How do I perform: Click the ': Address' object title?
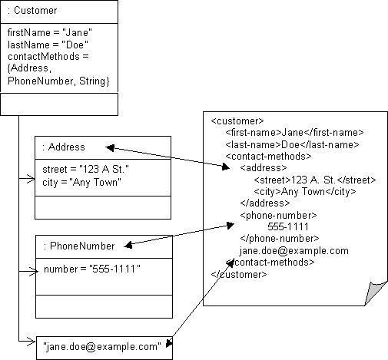point(65,147)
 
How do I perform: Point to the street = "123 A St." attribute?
point(85,170)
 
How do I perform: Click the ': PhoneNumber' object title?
point(79,246)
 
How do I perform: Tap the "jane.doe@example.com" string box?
point(102,347)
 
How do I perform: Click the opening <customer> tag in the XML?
point(237,121)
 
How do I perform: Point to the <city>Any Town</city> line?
point(304,192)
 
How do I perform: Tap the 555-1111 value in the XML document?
point(288,227)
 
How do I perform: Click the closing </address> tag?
point(263,203)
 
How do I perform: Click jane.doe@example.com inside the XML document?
point(293,251)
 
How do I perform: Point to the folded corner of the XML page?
point(374,291)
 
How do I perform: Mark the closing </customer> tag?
point(239,274)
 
